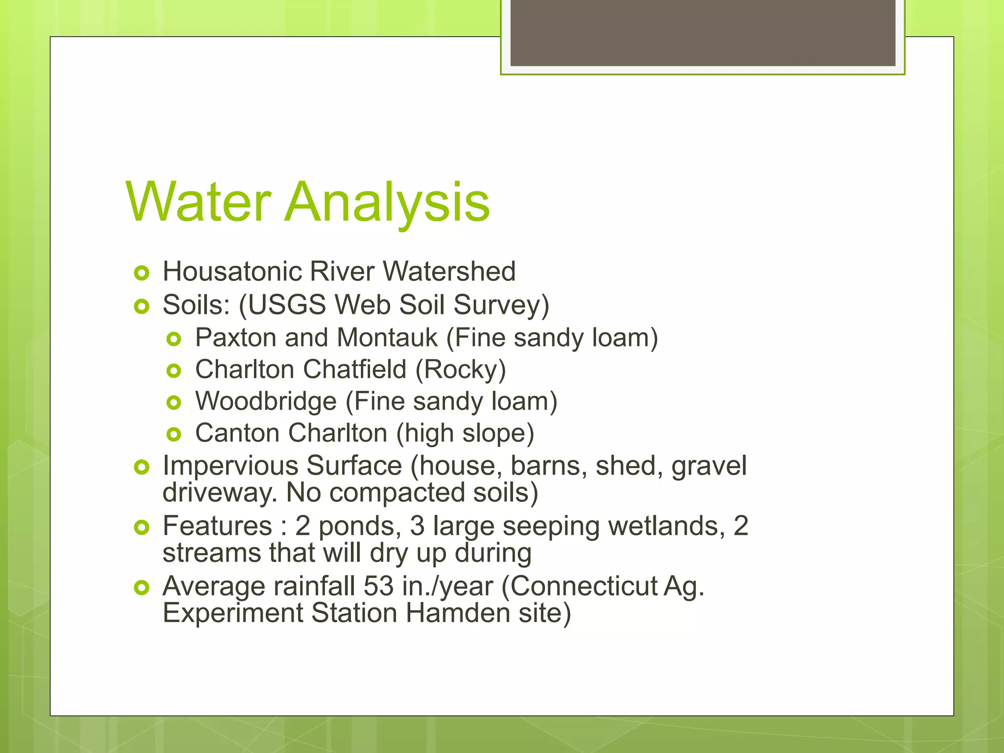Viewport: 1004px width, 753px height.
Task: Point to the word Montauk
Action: pyautogui.click(x=387, y=338)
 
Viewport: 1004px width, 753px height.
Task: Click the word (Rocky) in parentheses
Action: pyautogui.click(x=460, y=369)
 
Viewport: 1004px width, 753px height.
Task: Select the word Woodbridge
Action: pyautogui.click(x=266, y=401)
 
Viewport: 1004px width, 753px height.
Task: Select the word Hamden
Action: pyautogui.click(x=458, y=613)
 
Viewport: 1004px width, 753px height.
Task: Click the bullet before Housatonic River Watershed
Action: pyautogui.click(x=141, y=273)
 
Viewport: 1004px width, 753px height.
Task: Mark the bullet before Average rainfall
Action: pyautogui.click(x=141, y=587)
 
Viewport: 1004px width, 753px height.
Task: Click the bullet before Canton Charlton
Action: pyautogui.click(x=174, y=434)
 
